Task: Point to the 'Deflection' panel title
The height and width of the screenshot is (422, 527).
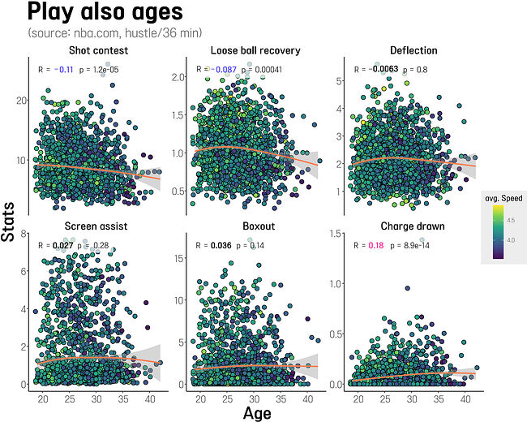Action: (x=413, y=50)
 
